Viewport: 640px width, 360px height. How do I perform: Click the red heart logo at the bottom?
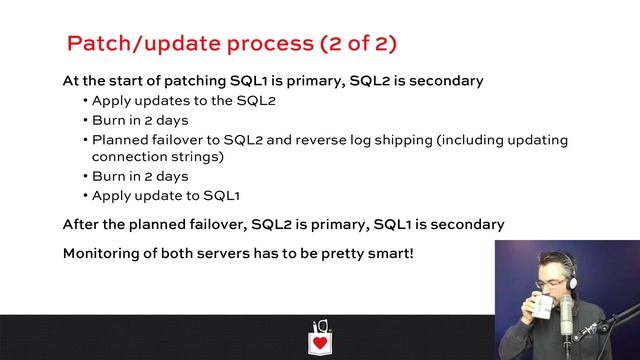(320, 341)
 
